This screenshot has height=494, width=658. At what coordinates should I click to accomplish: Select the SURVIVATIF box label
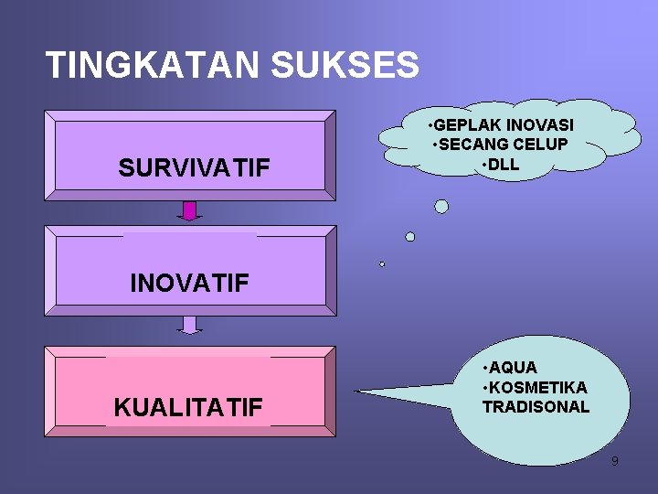tap(194, 168)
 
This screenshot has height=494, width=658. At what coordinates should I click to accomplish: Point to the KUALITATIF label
tap(188, 407)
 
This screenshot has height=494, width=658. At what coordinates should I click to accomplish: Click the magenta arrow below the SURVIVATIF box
tap(190, 211)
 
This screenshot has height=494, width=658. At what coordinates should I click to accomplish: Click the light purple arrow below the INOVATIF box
tap(190, 325)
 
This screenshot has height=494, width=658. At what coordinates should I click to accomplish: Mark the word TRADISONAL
tap(536, 407)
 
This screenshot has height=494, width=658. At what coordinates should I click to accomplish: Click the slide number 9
tap(614, 461)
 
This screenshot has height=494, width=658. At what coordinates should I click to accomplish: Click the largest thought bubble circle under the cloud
tap(441, 207)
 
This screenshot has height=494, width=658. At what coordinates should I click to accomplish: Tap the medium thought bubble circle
tap(410, 237)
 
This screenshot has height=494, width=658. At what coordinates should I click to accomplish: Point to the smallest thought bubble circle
tap(382, 264)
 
